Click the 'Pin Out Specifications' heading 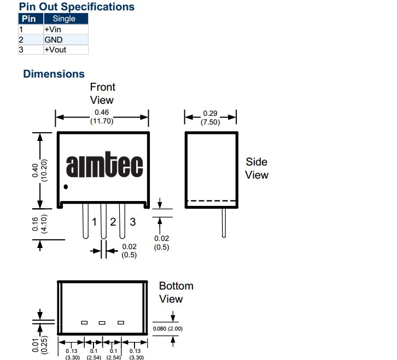pos(77,7)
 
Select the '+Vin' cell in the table pos(53,29)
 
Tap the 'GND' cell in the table pos(54,39)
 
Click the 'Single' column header pos(64,19)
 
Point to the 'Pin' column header pos(28,19)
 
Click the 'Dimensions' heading pos(54,74)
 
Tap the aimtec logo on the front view pos(104,166)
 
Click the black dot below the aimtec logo pos(66,187)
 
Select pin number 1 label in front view pos(94,222)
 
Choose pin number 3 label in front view pos(132,222)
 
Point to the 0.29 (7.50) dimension pos(211,117)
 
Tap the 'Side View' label pos(256,168)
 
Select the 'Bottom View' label pos(176,292)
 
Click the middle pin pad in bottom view pos(102,322)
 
